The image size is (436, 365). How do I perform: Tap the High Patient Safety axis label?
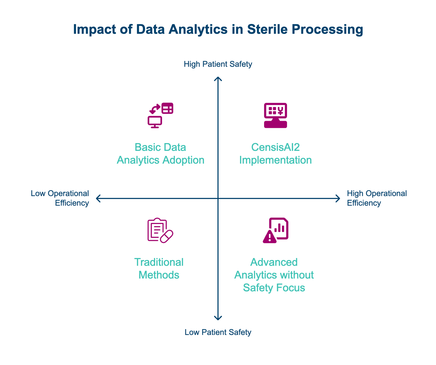(218, 64)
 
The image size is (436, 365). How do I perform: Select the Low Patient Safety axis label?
(218, 332)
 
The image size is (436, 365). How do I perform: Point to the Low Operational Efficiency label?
(60, 198)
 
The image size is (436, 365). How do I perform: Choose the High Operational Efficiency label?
(377, 198)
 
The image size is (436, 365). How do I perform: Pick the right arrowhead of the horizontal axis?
(338, 198)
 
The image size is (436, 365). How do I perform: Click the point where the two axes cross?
(218, 198)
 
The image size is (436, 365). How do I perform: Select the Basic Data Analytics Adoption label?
(161, 154)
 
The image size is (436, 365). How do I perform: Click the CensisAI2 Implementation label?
(275, 154)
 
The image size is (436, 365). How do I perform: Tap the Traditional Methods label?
(159, 268)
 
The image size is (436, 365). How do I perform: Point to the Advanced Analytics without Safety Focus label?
(274, 275)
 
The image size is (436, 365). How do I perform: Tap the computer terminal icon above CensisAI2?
(275, 115)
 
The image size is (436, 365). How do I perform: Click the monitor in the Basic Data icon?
(155, 122)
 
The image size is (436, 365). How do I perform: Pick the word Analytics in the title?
(198, 29)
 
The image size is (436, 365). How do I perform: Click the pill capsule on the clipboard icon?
(166, 236)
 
